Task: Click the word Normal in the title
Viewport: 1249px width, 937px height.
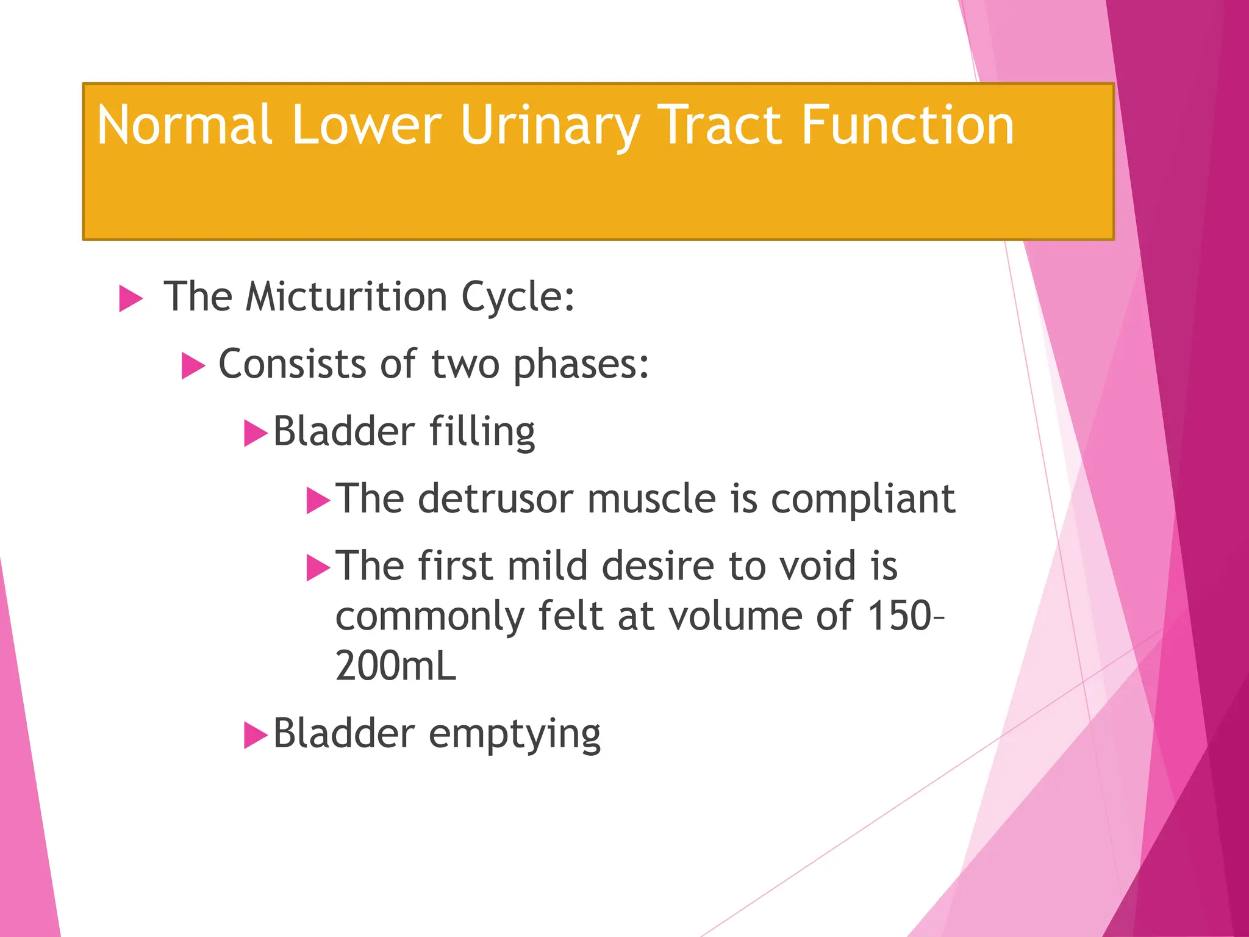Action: pyautogui.click(x=184, y=125)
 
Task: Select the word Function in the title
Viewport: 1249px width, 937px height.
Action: pyautogui.click(x=907, y=125)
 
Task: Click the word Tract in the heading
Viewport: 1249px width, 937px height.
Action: pyautogui.click(x=720, y=125)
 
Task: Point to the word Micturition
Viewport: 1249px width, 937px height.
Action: pyautogui.click(x=346, y=297)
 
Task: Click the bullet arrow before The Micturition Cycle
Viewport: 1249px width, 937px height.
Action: pyautogui.click(x=131, y=299)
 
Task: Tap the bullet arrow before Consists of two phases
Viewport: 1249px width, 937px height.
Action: pyautogui.click(x=193, y=367)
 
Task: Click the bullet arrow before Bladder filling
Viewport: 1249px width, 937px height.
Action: pyautogui.click(x=256, y=434)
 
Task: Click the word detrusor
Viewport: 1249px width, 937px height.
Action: pyautogui.click(x=495, y=499)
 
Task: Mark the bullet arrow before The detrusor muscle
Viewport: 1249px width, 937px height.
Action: pyautogui.click(x=318, y=501)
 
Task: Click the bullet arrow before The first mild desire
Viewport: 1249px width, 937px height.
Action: pyautogui.click(x=318, y=568)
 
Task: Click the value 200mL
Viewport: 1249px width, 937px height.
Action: pyautogui.click(x=396, y=666)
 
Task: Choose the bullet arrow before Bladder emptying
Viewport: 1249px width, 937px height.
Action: pyautogui.click(x=256, y=735)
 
